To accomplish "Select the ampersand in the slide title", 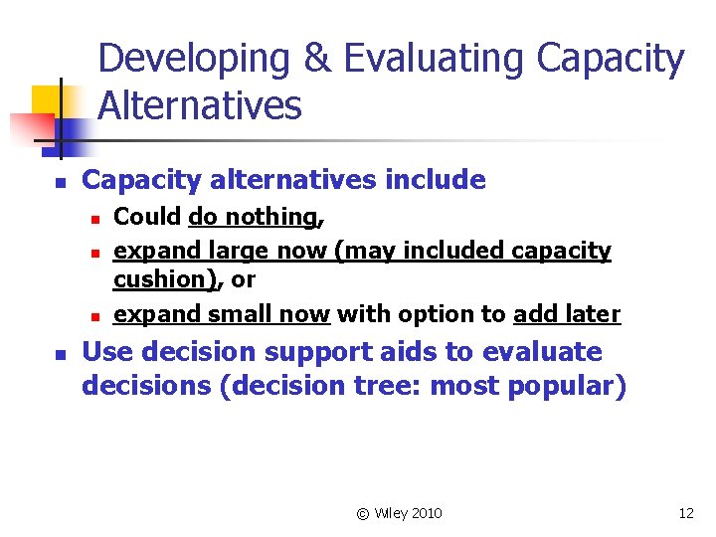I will pos(317,60).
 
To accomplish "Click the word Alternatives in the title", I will pos(200,104).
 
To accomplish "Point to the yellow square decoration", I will pos(47,101).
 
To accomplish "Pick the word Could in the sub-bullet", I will pos(147,217).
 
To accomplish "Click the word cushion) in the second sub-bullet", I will pos(162,279).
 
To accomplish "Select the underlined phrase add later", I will pos(567,314).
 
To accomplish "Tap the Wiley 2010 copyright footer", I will pos(399,513).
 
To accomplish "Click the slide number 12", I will pos(686,513).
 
